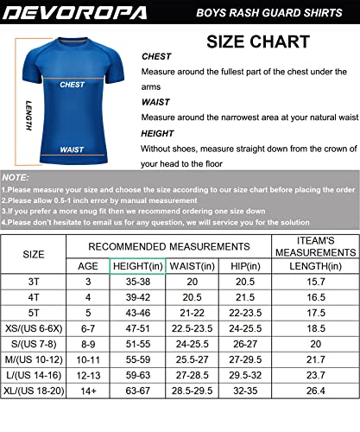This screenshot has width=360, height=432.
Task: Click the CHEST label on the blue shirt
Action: (73, 85)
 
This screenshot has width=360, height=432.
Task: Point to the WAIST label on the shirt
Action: (73, 149)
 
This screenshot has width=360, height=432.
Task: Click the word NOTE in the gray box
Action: (16, 176)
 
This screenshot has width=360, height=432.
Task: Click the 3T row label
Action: (33, 283)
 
